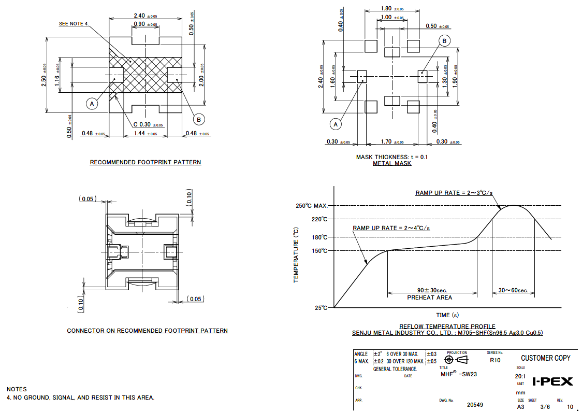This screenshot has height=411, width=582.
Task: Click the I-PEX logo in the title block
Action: click(x=552, y=381)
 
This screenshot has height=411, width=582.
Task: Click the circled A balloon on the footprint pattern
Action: click(x=92, y=104)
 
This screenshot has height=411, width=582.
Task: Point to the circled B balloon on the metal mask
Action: click(x=444, y=41)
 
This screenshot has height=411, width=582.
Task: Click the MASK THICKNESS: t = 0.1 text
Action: click(x=392, y=157)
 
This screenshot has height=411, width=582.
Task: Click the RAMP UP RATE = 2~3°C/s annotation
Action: click(x=454, y=193)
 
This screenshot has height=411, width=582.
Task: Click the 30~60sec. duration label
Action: click(x=513, y=290)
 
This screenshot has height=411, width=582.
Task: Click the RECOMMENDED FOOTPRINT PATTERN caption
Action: click(x=146, y=162)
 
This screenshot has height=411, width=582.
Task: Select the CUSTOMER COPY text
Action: click(x=545, y=358)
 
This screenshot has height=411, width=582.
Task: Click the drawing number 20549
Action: click(x=475, y=405)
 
